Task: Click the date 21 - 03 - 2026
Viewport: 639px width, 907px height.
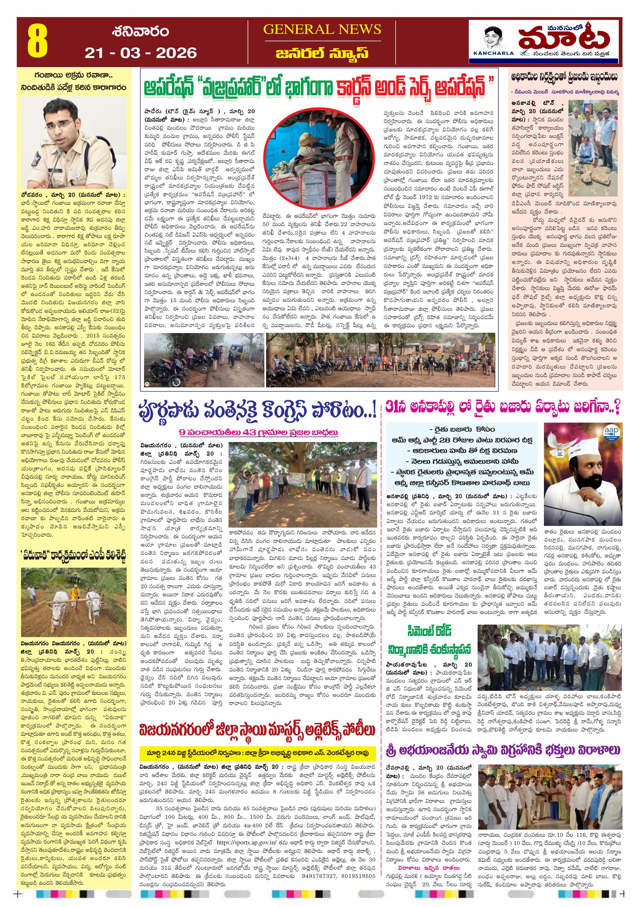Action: tap(140, 53)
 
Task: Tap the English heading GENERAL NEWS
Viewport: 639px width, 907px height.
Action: tap(322, 30)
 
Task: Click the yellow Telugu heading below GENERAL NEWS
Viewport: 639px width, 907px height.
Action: tap(322, 53)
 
